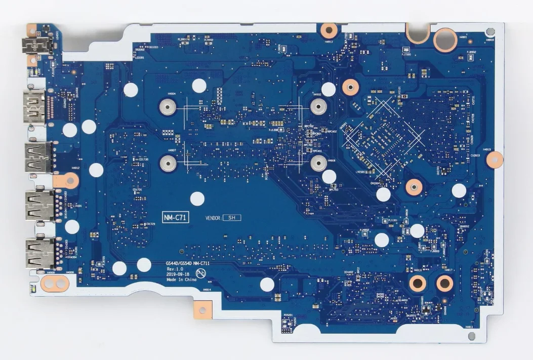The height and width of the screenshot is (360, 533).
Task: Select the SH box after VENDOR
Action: (x=232, y=217)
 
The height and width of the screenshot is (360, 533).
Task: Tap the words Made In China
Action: (x=181, y=279)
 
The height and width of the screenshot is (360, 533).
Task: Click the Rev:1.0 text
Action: (x=174, y=268)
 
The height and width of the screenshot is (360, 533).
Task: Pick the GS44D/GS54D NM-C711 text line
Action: (x=188, y=263)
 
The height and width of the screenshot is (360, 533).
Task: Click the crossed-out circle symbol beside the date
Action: (x=200, y=273)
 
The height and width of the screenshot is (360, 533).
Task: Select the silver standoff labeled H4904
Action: (x=167, y=107)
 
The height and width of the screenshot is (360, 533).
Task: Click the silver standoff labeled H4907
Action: (x=167, y=163)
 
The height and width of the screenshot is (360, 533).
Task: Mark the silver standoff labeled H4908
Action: (x=318, y=163)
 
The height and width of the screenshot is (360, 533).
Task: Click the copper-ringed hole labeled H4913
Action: (x=326, y=29)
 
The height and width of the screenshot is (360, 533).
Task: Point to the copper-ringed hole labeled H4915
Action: (x=494, y=160)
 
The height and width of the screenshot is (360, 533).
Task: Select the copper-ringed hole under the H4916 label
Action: (x=417, y=283)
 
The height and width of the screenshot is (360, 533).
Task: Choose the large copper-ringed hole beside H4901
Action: (x=443, y=38)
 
